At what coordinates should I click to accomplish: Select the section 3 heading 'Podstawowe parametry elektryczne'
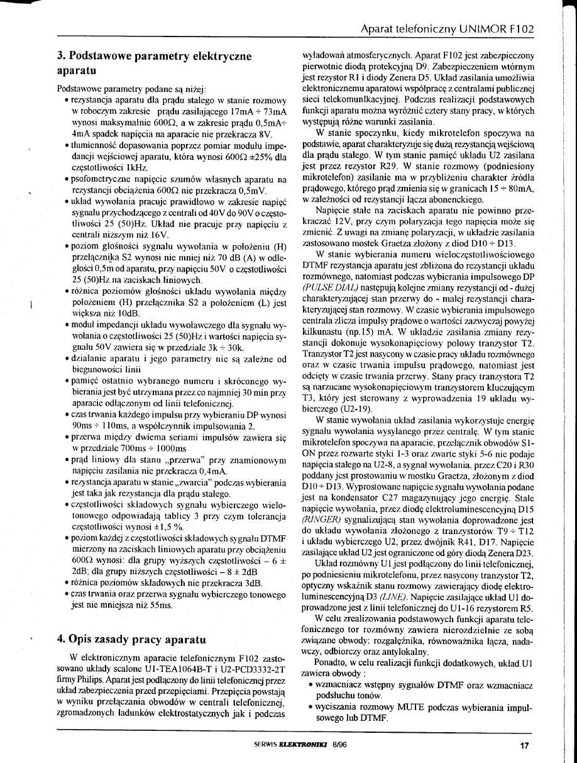click(x=154, y=57)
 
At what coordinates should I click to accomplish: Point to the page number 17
click(x=525, y=747)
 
